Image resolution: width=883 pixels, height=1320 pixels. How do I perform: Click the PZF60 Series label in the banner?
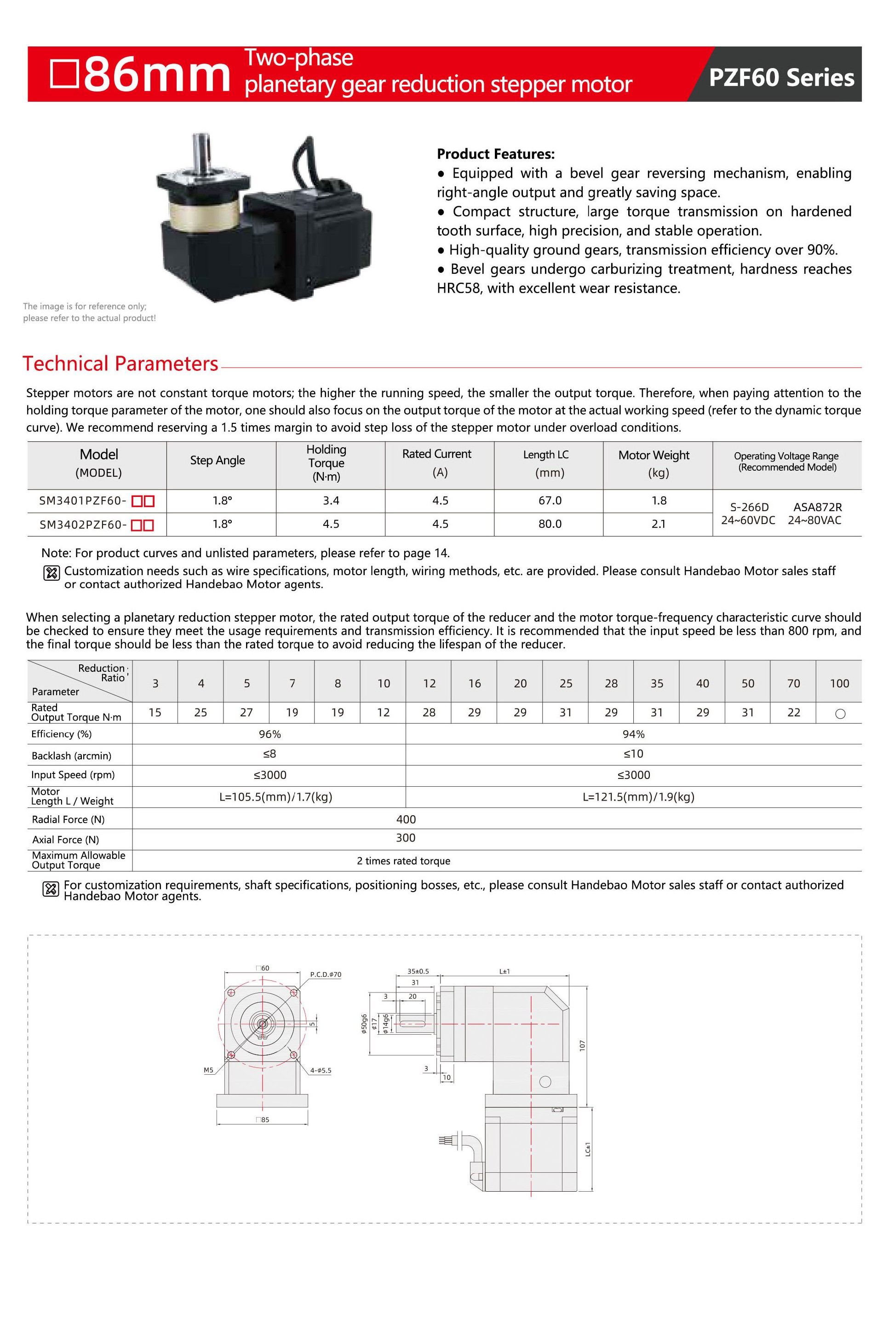point(780,77)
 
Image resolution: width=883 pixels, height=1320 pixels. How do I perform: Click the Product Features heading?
point(496,154)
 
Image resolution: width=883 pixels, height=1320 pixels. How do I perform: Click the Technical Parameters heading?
point(120,363)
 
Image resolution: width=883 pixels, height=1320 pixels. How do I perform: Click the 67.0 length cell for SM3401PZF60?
point(550,500)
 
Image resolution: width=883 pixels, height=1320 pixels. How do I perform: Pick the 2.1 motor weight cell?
point(658,524)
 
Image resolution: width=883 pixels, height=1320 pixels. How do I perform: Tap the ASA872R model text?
point(817,507)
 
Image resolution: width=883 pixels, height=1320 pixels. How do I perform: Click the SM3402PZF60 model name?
point(83,525)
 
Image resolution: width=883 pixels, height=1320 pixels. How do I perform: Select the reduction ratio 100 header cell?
point(839,683)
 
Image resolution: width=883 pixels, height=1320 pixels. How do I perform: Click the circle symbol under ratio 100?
point(840,714)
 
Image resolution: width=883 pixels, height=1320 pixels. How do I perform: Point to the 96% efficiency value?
point(270,734)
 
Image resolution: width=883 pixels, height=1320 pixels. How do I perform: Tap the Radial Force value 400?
point(406,819)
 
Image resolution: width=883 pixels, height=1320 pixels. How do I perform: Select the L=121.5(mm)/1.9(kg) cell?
point(638,796)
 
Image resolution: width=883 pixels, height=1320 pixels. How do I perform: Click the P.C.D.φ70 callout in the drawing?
point(326,974)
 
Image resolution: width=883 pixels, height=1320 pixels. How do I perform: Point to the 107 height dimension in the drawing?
point(583,1045)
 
